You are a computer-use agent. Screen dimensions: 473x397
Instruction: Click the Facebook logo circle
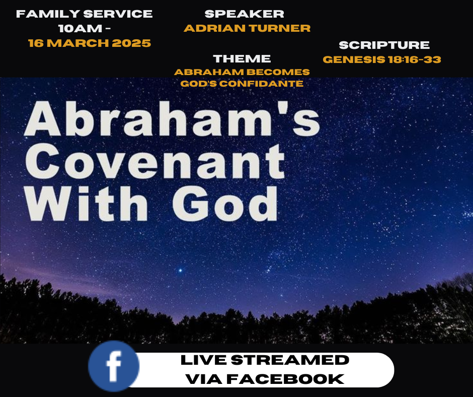pyautogui.click(x=114, y=366)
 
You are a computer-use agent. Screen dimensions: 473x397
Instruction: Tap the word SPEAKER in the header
pyautogui.click(x=245, y=14)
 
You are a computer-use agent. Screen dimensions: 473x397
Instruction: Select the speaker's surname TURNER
pyautogui.click(x=280, y=28)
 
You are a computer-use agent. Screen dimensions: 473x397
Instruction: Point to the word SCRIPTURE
pyautogui.click(x=384, y=45)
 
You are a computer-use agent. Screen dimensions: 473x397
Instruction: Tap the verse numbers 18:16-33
pyautogui.click(x=415, y=59)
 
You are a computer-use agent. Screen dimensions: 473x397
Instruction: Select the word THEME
pyautogui.click(x=242, y=58)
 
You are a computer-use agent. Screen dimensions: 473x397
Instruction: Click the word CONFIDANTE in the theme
pyautogui.click(x=261, y=84)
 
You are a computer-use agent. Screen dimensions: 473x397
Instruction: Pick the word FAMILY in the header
pyautogui.click(x=48, y=14)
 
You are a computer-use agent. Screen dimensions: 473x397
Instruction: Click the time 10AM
pyautogui.click(x=80, y=28)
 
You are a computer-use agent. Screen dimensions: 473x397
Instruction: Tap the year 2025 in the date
pyautogui.click(x=131, y=43)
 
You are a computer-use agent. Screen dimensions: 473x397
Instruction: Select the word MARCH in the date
pyautogui.click(x=78, y=43)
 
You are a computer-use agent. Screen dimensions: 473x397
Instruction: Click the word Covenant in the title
pyautogui.click(x=155, y=162)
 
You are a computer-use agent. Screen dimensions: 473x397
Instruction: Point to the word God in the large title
pyautogui.click(x=225, y=204)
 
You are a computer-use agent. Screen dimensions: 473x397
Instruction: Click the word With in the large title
pyautogui.click(x=87, y=203)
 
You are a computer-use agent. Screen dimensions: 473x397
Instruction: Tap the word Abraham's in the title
pyautogui.click(x=172, y=118)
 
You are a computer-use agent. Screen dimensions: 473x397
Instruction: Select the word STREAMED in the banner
pyautogui.click(x=290, y=360)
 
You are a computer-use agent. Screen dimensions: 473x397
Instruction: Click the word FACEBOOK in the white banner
pyautogui.click(x=285, y=379)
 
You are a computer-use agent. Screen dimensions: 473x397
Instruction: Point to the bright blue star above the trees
pyautogui.click(x=180, y=270)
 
